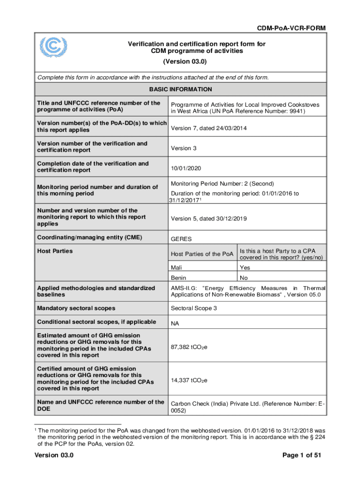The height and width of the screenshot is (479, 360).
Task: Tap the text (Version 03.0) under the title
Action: point(185,62)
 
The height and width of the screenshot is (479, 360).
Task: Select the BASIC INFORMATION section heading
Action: point(180,89)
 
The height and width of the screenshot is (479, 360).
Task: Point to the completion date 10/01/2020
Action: point(187,168)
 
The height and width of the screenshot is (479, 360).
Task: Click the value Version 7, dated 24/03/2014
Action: point(209,128)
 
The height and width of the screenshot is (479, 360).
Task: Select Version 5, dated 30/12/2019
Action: point(209,219)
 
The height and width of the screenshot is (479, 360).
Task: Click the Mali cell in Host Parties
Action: point(177,268)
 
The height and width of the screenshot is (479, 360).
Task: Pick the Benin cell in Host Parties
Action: point(179,278)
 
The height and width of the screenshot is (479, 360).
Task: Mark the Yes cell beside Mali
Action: point(245,268)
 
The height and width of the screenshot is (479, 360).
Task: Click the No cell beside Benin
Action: point(244,278)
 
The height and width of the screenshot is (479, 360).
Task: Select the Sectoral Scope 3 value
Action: point(194,308)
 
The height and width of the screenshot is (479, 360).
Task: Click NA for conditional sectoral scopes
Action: point(175,323)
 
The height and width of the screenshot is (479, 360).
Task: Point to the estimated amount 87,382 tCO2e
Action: point(189,347)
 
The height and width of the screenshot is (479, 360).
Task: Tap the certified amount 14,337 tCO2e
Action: point(189,380)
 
